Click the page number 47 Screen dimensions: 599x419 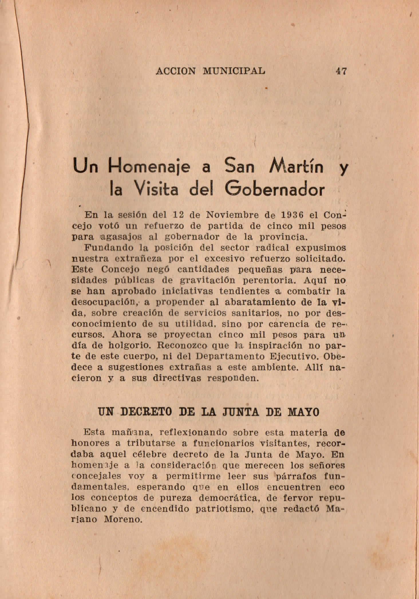tap(341, 70)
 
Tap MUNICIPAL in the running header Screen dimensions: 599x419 tap(234, 70)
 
